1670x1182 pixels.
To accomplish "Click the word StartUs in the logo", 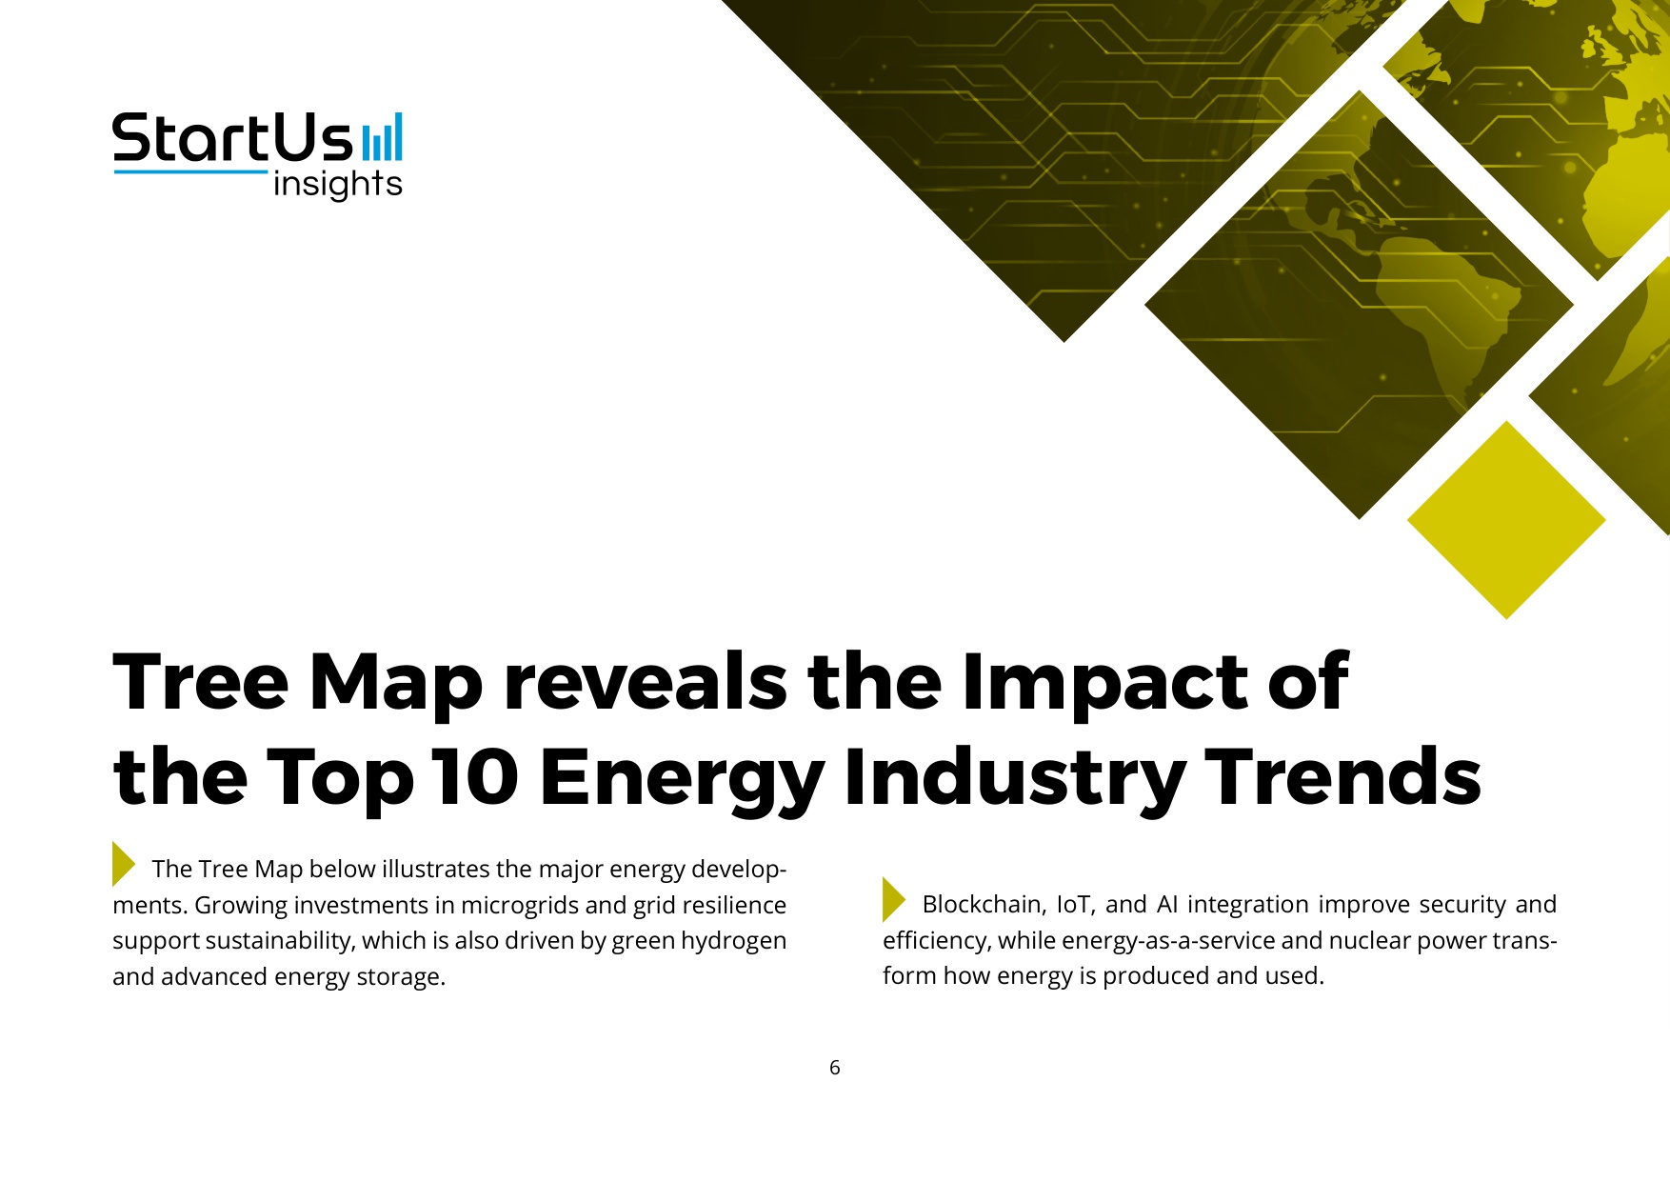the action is [x=233, y=139].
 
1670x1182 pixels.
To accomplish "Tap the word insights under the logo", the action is [x=337, y=184].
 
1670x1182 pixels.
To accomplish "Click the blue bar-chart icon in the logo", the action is [x=382, y=138].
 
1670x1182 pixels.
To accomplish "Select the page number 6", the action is [x=835, y=1068].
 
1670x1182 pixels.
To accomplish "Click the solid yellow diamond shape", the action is [x=1506, y=520].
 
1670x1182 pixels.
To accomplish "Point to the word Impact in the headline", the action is [x=1105, y=682].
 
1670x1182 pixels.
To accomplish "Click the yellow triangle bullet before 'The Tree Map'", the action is [x=124, y=864].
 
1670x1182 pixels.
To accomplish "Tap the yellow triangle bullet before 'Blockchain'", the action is [x=894, y=899].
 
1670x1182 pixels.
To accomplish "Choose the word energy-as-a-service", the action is [x=1168, y=941].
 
